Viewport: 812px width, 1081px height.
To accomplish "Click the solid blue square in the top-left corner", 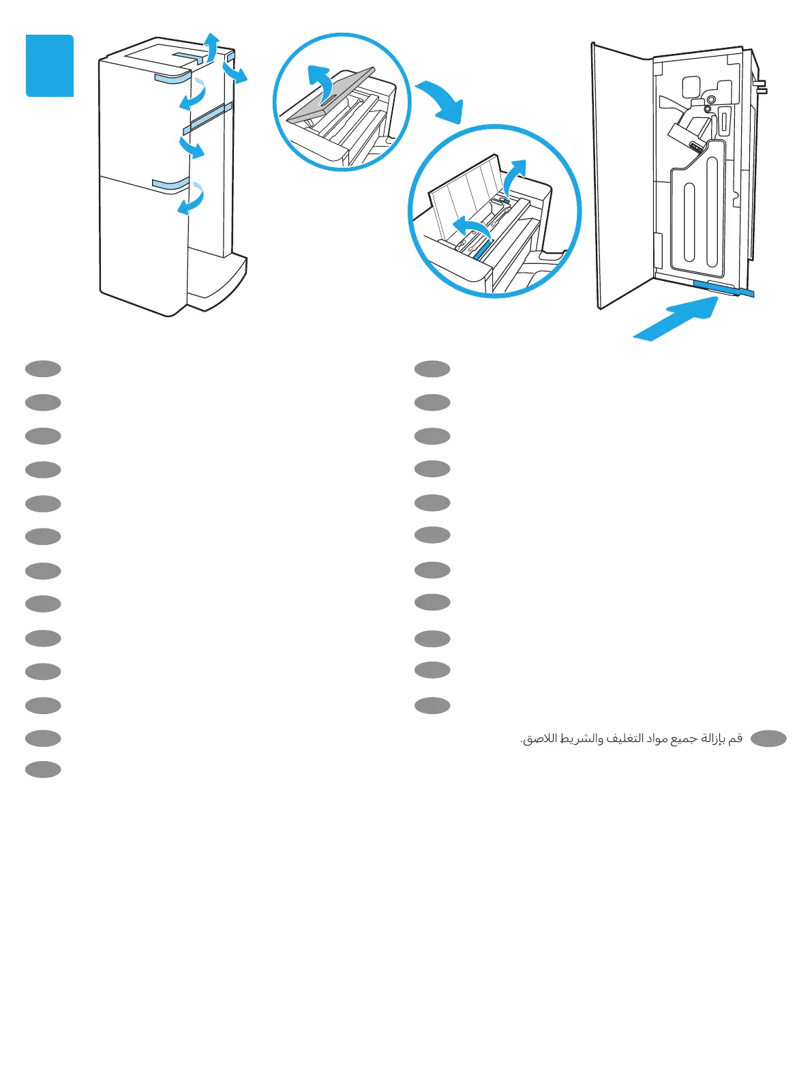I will (x=50, y=65).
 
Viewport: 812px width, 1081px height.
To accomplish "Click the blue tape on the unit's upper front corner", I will (x=172, y=78).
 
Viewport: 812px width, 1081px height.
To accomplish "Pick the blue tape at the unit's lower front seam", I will (x=170, y=183).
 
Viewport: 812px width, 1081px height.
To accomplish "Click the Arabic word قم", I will (x=735, y=739).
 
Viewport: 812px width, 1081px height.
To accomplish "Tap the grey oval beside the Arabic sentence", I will (x=768, y=739).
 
